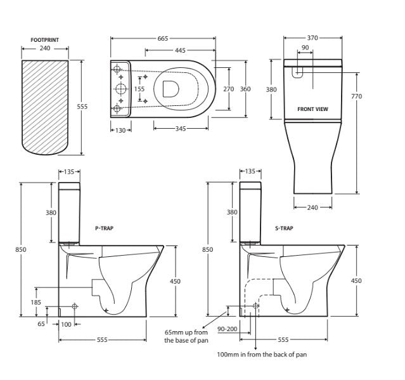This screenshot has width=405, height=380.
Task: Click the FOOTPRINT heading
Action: [45, 40]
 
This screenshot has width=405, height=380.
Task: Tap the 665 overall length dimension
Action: [163, 39]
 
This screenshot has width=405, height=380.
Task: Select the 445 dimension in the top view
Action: [180, 50]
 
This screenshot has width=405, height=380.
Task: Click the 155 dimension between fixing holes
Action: [139, 89]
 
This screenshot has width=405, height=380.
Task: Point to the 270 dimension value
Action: [229, 89]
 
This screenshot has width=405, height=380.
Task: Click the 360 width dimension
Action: [245, 89]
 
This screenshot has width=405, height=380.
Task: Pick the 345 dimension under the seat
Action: [181, 129]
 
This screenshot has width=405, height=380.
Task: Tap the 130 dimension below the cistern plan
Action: [120, 130]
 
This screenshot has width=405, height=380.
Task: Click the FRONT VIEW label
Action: [312, 109]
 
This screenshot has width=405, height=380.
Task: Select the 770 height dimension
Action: [356, 96]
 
